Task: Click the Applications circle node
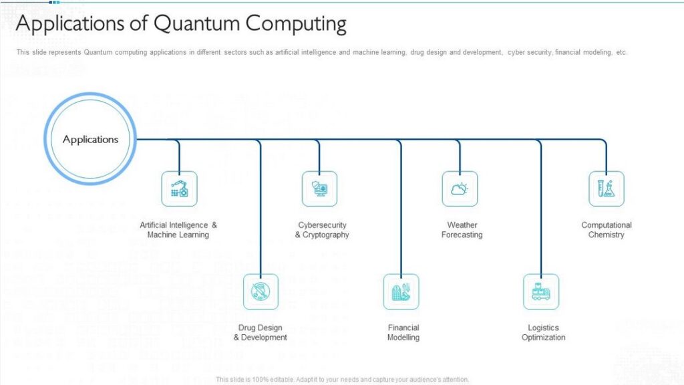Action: [90, 139]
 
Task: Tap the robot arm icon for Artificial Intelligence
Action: [179, 188]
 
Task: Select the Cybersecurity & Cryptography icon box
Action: [320, 188]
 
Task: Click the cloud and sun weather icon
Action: [460, 188]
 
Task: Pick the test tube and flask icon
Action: [607, 188]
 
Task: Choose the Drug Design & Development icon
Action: [261, 291]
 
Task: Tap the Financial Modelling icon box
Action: [401, 291]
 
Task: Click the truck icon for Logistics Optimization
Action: [541, 291]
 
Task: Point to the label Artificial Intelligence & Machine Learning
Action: [178, 230]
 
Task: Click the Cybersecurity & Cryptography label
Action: [322, 230]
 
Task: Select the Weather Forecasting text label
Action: [462, 230]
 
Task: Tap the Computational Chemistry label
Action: [607, 230]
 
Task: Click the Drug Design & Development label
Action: [261, 332]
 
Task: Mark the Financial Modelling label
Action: [403, 332]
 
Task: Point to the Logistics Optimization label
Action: [544, 332]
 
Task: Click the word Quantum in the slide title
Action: [197, 23]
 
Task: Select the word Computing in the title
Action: [296, 24]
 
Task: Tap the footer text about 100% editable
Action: [343, 380]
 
